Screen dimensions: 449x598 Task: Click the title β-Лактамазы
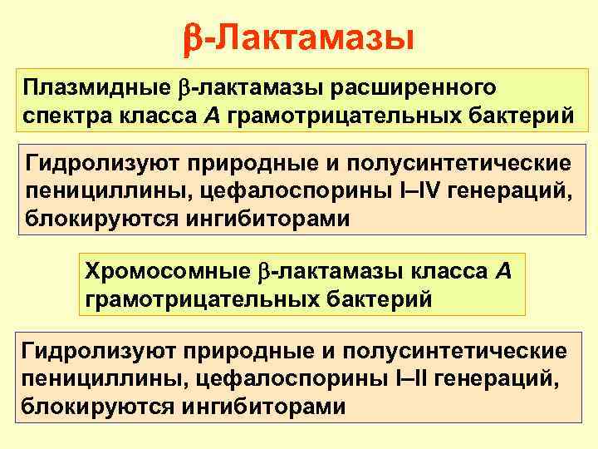[298, 37]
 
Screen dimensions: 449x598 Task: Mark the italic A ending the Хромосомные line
[505, 271]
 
